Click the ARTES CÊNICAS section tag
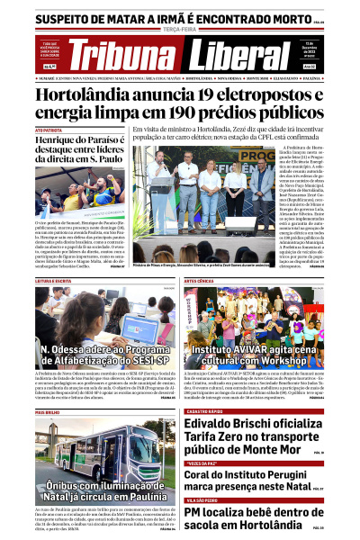coord(201,281)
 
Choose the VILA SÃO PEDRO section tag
coord(202,499)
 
